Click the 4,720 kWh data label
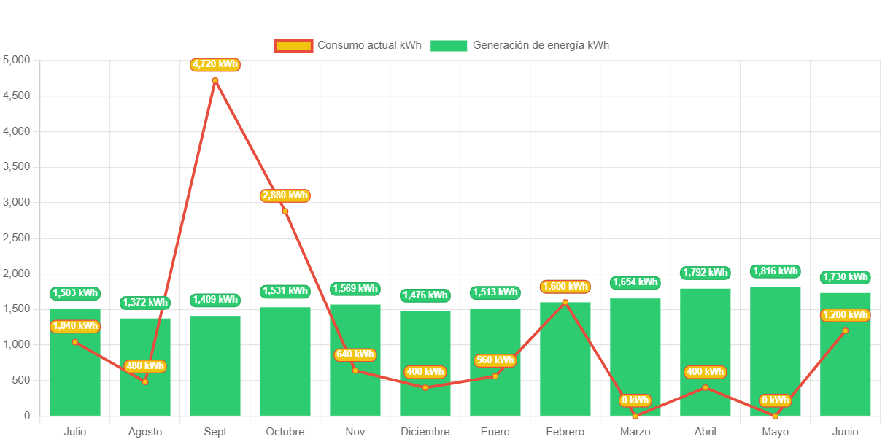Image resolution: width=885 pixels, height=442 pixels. click(215, 65)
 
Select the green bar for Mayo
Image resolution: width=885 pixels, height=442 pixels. click(775, 350)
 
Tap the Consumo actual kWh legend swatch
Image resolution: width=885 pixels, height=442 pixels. click(293, 46)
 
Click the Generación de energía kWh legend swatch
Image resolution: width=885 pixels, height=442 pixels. click(449, 46)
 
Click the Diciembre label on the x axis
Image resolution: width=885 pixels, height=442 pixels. click(425, 432)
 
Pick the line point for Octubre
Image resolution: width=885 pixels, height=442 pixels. click(285, 212)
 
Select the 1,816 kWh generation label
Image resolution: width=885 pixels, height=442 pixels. click(775, 271)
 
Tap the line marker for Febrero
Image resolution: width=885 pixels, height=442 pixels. click(565, 302)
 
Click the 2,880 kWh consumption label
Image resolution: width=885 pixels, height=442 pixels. click(285, 195)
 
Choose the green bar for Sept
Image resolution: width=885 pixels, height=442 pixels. click(215, 365)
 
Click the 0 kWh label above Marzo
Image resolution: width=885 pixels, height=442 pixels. click(635, 400)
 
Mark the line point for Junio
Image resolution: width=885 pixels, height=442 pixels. click(846, 330)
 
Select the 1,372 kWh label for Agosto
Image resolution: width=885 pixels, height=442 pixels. click(145, 303)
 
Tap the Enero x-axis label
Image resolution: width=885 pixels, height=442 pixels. click(495, 432)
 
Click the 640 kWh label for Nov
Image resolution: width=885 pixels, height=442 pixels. click(355, 355)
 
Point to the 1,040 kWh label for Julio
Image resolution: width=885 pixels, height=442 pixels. click(75, 326)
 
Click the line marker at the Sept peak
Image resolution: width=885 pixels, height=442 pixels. click(215, 80)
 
